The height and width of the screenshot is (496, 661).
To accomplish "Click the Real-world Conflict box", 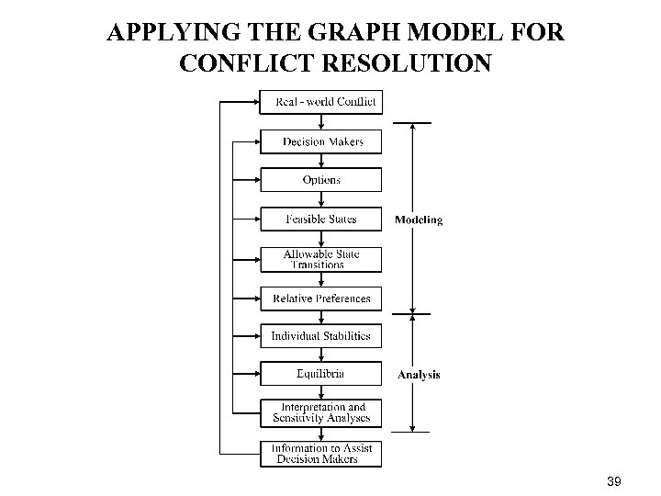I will (321, 102).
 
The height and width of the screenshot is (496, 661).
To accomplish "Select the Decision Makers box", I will (321, 141).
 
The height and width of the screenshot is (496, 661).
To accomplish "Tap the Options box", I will (321, 180).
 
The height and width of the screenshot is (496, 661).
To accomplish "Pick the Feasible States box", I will (321, 220).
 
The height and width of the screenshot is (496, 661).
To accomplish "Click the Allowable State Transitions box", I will (321, 259).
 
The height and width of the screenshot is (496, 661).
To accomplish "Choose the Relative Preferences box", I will (321, 299).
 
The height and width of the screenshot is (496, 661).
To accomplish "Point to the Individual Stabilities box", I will (321, 336).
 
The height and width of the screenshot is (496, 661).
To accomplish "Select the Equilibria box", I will (321, 374).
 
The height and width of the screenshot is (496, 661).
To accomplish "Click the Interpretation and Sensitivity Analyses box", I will (321, 412).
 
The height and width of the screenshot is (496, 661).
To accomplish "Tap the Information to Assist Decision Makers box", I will (321, 454).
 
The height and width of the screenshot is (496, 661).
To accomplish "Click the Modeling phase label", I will (419, 220).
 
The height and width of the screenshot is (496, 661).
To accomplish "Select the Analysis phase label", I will (419, 374).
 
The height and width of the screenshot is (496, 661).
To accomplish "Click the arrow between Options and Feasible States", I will (321, 200).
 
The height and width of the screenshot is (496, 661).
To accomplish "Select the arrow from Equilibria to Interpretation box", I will (321, 392).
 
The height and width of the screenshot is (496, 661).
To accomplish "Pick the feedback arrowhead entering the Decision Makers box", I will (256, 141).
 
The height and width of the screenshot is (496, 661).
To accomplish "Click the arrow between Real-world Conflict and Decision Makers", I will (321, 122).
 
